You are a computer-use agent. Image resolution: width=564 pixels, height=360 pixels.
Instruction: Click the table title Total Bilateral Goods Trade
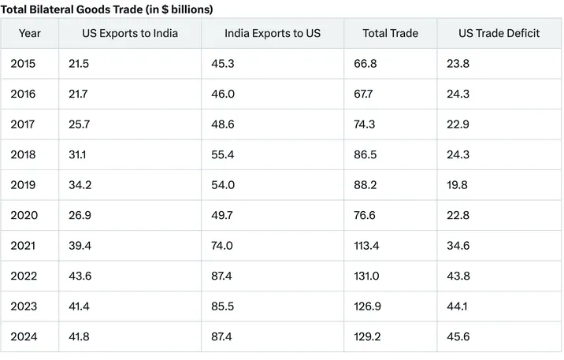pos(106,9)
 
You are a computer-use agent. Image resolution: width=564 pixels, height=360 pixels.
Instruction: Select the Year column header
pos(30,34)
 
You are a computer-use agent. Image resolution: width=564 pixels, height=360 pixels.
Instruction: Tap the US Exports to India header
pos(130,34)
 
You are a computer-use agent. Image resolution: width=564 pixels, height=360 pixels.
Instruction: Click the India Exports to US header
pos(273,34)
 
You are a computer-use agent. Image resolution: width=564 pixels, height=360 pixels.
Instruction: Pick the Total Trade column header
pos(390,34)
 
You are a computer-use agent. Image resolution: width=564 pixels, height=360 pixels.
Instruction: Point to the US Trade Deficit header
pos(499,34)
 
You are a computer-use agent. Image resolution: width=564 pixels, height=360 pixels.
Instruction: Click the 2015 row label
pos(23,64)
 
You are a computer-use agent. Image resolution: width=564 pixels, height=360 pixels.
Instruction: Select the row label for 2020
pos(23,215)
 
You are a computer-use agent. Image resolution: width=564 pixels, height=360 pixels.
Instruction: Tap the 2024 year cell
pos(23,336)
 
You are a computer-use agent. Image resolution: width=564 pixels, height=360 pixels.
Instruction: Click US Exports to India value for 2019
pos(80,185)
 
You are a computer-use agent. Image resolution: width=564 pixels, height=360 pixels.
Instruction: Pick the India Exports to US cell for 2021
pos(222,246)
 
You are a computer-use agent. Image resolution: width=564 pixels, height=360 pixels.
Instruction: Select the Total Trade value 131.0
pos(367,276)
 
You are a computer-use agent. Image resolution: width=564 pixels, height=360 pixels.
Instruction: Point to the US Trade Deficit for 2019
pos(458,185)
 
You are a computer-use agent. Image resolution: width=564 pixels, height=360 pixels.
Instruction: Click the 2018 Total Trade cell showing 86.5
pos(367,155)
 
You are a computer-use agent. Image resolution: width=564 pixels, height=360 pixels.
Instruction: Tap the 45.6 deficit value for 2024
pos(458,336)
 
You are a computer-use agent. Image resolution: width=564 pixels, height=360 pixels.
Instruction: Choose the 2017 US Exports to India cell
pos(80,124)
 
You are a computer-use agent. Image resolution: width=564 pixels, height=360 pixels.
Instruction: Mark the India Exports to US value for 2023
pos(222,306)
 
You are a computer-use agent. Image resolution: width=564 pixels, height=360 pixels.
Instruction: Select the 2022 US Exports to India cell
pos(80,276)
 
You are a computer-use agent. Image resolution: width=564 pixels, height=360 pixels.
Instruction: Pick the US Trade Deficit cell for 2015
pos(458,64)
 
